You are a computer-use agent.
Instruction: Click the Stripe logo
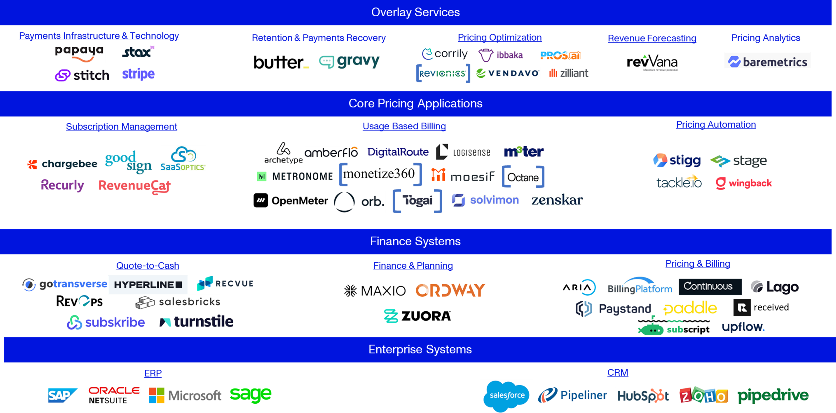click(138, 74)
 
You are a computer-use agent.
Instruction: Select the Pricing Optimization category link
click(499, 37)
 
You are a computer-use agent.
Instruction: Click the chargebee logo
click(62, 164)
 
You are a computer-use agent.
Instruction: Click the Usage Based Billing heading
click(404, 126)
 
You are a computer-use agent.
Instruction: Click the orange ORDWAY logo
click(450, 290)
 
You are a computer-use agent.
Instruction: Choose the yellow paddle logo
click(690, 308)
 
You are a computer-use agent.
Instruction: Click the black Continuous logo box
click(710, 287)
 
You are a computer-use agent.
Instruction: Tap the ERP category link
click(153, 373)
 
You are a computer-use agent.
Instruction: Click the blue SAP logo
click(62, 395)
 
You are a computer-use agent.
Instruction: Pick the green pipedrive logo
click(773, 396)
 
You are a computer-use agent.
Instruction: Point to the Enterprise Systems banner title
click(420, 349)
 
